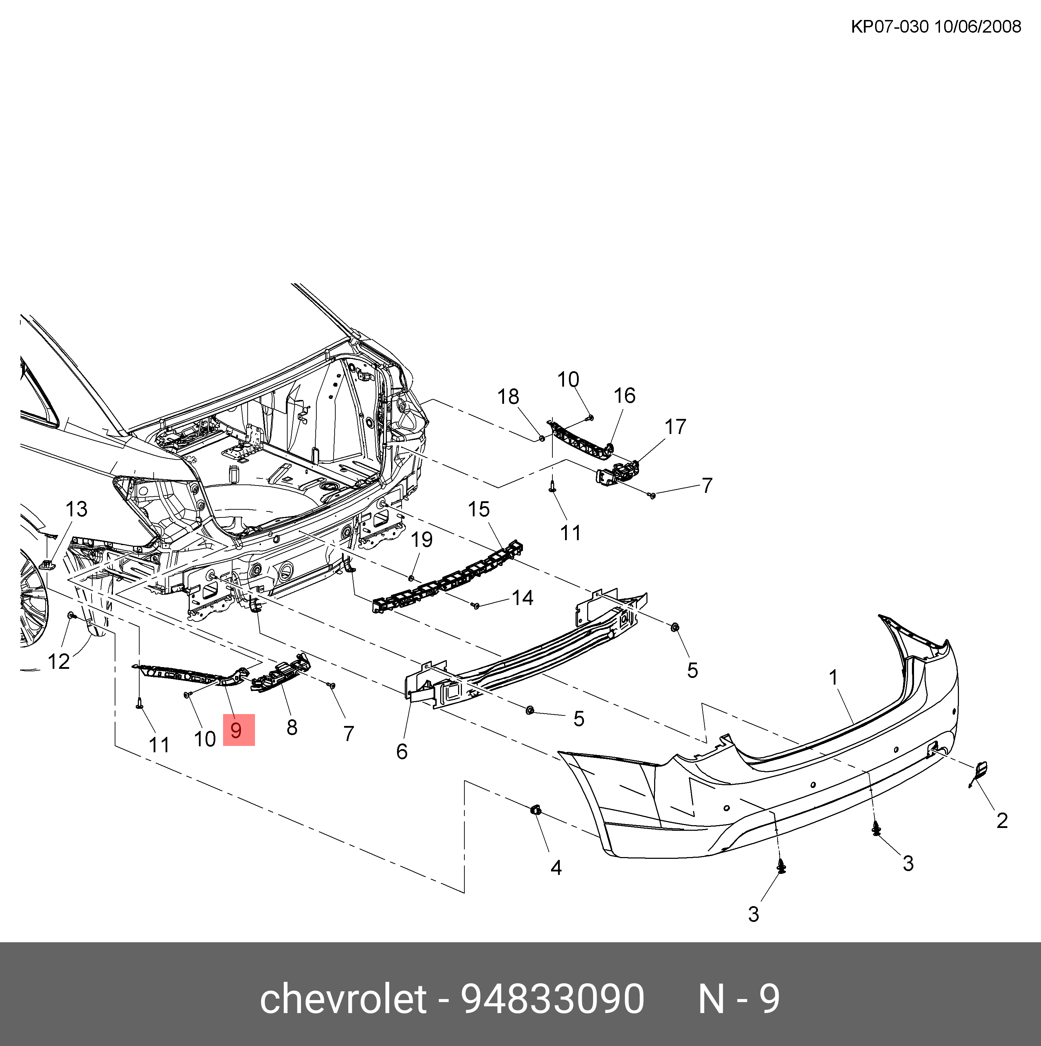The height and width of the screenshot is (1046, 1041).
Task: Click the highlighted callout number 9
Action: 238,731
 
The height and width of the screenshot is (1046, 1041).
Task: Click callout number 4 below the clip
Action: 556,868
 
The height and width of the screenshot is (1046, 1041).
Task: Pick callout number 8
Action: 292,727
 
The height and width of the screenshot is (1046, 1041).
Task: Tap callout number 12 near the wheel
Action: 59,661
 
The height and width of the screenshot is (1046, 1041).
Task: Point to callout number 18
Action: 508,396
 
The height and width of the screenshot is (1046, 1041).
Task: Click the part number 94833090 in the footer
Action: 552,998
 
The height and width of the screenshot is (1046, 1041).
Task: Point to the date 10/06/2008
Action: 978,27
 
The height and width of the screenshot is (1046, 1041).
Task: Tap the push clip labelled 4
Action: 535,810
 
